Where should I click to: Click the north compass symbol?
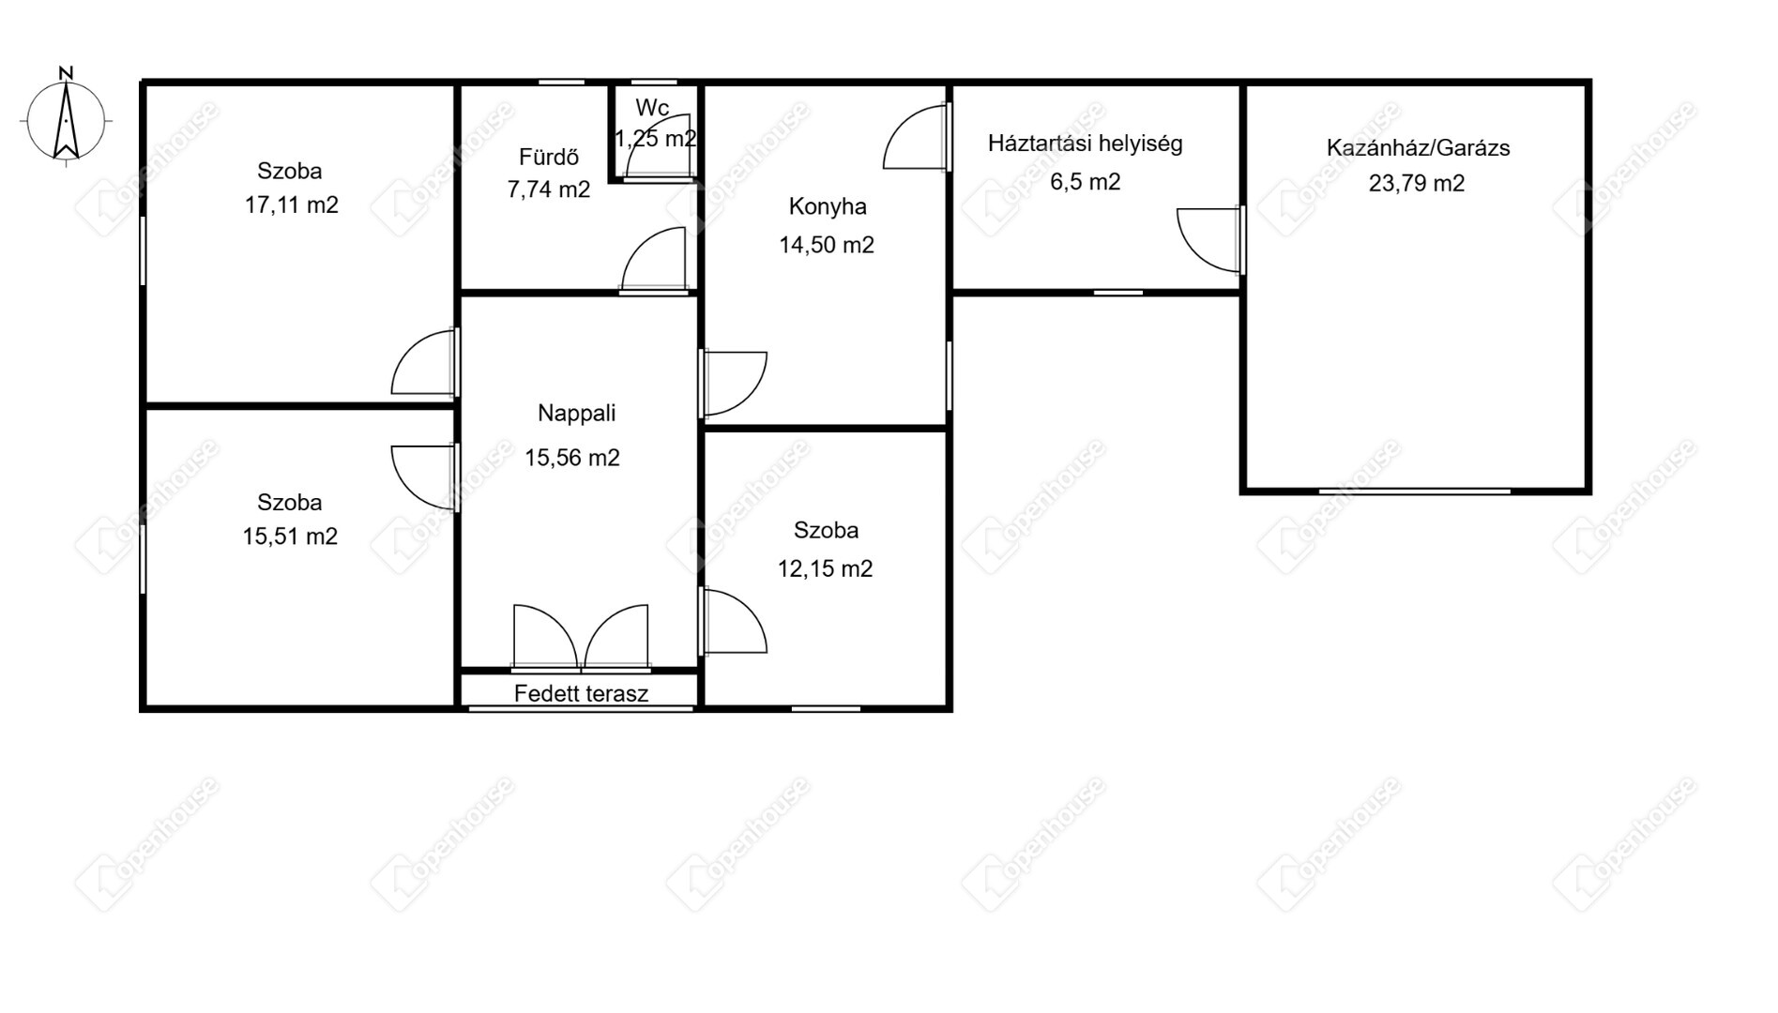[66, 117]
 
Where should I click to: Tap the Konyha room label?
[827, 207]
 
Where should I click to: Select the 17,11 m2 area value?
[291, 205]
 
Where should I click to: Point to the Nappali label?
[576, 414]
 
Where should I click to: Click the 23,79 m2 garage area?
[1416, 184]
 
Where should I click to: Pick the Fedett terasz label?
[581, 694]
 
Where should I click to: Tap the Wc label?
[652, 108]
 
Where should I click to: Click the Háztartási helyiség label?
[1085, 144]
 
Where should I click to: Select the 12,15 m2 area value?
[825, 569]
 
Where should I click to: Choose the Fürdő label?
[548, 157]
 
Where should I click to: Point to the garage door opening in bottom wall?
[1415, 491]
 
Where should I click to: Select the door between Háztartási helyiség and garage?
[1211, 240]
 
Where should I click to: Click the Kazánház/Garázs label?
[1418, 148]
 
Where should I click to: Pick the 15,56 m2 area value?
[571, 459]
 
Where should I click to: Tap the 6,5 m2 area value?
[1085, 182]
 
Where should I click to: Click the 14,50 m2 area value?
[826, 246]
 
